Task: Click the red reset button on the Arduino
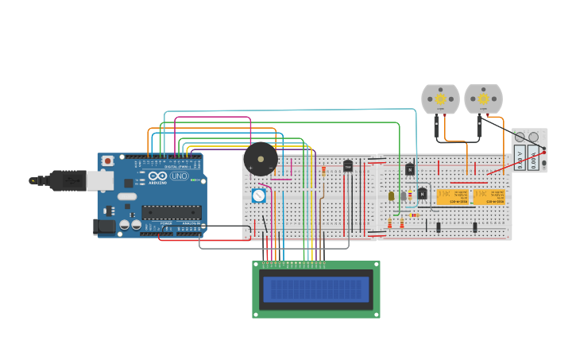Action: pyautogui.click(x=108, y=161)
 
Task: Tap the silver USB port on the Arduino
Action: pyautogui.click(x=100, y=181)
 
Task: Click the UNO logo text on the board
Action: pyautogui.click(x=180, y=176)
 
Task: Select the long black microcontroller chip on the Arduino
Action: pyautogui.click(x=172, y=212)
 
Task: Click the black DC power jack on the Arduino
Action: pyautogui.click(x=105, y=226)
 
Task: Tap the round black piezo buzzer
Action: pyautogui.click(x=261, y=159)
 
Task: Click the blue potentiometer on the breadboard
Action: pyautogui.click(x=258, y=195)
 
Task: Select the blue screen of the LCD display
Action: pyautogui.click(x=316, y=289)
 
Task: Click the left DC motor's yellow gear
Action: pyautogui.click(x=441, y=99)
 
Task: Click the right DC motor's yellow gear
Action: pyautogui.click(x=483, y=99)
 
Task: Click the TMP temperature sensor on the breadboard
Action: pyautogui.click(x=347, y=166)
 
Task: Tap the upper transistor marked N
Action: pyautogui.click(x=410, y=168)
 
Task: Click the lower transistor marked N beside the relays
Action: pyautogui.click(x=423, y=193)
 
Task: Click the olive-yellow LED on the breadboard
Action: pyautogui.click(x=392, y=196)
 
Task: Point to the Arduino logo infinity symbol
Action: pyautogui.click(x=157, y=176)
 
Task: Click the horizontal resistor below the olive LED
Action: pyautogui.click(x=413, y=215)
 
